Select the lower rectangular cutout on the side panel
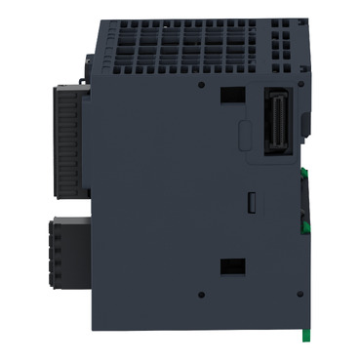232,265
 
